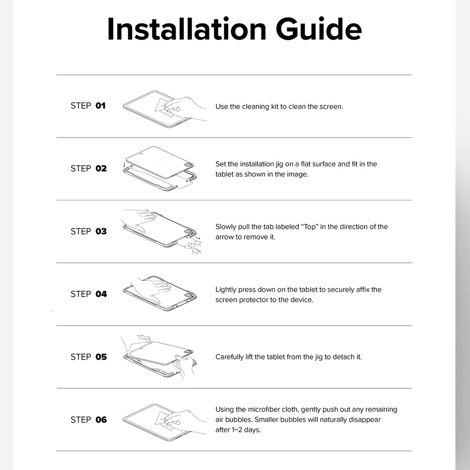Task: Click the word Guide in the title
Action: pos(319,29)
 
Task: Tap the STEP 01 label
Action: pos(88,106)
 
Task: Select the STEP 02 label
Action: pos(88,168)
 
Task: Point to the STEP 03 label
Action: pos(88,231)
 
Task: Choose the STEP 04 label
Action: pos(88,294)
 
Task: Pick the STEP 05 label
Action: pos(88,357)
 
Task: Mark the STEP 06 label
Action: pos(88,420)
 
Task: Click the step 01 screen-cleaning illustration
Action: pos(164,107)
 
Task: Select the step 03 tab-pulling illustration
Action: pos(162,231)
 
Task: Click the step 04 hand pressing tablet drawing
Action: pos(160,293)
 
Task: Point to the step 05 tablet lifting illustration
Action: pos(160,356)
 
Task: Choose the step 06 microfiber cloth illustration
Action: pos(164,419)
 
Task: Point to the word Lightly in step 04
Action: pos(226,290)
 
